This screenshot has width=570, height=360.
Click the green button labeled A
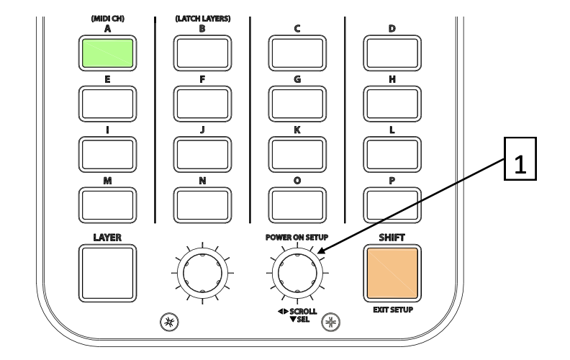pyautogui.click(x=107, y=53)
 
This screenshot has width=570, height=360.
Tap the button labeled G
pyautogui.click(x=297, y=102)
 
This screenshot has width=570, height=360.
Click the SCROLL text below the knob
pyautogui.click(x=303, y=311)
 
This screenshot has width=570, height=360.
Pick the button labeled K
pyautogui.click(x=297, y=152)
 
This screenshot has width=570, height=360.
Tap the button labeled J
pyautogui.click(x=202, y=152)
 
